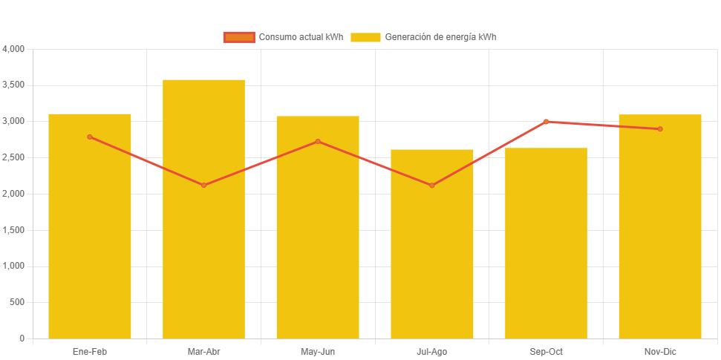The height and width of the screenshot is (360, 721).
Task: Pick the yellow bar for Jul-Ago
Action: pyautogui.click(x=431, y=252)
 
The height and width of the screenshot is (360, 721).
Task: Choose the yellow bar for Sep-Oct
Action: pyautogui.click(x=546, y=252)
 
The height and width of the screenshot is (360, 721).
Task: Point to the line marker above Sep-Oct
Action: pyautogui.click(x=546, y=121)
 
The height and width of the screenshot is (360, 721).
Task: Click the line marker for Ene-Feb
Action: pyautogui.click(x=90, y=137)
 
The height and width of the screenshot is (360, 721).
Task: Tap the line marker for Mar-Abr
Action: pyautogui.click(x=203, y=185)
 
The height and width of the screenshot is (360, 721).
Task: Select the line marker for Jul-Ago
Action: pyautogui.click(x=431, y=185)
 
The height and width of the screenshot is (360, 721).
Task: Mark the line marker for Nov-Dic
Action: pyautogui.click(x=659, y=129)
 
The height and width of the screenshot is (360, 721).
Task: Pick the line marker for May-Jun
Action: pyautogui.click(x=318, y=141)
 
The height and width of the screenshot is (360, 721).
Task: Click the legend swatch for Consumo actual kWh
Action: pyautogui.click(x=239, y=37)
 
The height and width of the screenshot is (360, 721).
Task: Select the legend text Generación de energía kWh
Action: pyautogui.click(x=441, y=37)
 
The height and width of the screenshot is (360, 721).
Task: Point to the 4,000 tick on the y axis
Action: pyautogui.click(x=14, y=49)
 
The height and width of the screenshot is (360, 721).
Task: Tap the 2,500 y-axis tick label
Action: pyautogui.click(x=14, y=157)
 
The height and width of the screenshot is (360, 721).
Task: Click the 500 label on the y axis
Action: pyautogui.click(x=17, y=302)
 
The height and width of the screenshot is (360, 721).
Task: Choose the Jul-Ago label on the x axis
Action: pyautogui.click(x=431, y=351)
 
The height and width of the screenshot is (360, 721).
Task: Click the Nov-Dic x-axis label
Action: pyautogui.click(x=659, y=351)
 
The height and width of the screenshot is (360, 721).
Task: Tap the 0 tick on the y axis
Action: pyautogui.click(x=22, y=338)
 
